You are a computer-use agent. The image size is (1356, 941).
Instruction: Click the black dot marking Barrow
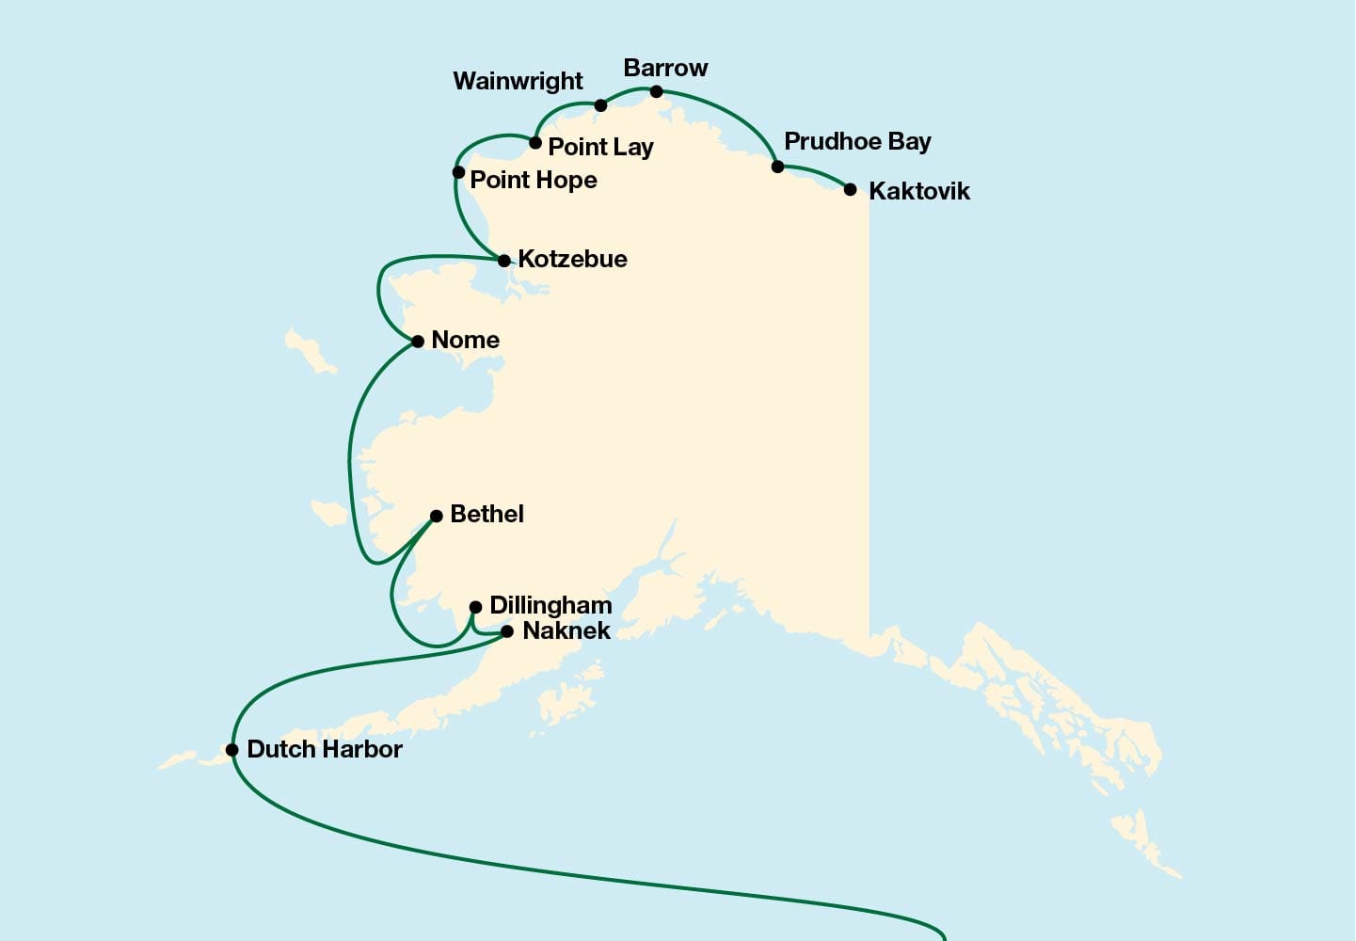click(657, 91)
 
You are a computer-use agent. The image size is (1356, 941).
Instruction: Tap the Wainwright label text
click(518, 81)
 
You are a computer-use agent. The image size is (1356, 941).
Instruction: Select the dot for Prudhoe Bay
click(778, 167)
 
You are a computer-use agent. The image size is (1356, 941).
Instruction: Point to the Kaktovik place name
click(918, 191)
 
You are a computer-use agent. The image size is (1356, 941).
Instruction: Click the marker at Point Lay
click(535, 143)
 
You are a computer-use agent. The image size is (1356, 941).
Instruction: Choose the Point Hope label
click(533, 180)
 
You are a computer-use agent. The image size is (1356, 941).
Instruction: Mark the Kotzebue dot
click(504, 261)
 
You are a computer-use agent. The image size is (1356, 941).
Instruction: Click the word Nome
click(465, 340)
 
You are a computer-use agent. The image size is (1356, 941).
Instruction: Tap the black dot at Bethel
click(437, 516)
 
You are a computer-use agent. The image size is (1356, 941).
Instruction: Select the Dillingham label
click(550, 605)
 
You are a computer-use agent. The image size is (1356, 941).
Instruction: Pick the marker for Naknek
click(508, 631)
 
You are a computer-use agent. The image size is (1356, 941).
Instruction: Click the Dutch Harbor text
click(324, 749)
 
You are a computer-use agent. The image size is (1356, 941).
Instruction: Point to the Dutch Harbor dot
click(232, 750)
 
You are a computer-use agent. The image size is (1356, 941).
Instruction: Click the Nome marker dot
click(418, 341)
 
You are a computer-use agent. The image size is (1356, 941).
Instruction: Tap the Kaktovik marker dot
click(851, 189)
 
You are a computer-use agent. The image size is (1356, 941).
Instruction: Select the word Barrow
click(665, 68)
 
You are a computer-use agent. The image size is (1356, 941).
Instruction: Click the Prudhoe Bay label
click(857, 141)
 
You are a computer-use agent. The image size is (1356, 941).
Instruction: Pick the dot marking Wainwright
click(601, 105)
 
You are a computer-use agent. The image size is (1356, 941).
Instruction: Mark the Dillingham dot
click(476, 607)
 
